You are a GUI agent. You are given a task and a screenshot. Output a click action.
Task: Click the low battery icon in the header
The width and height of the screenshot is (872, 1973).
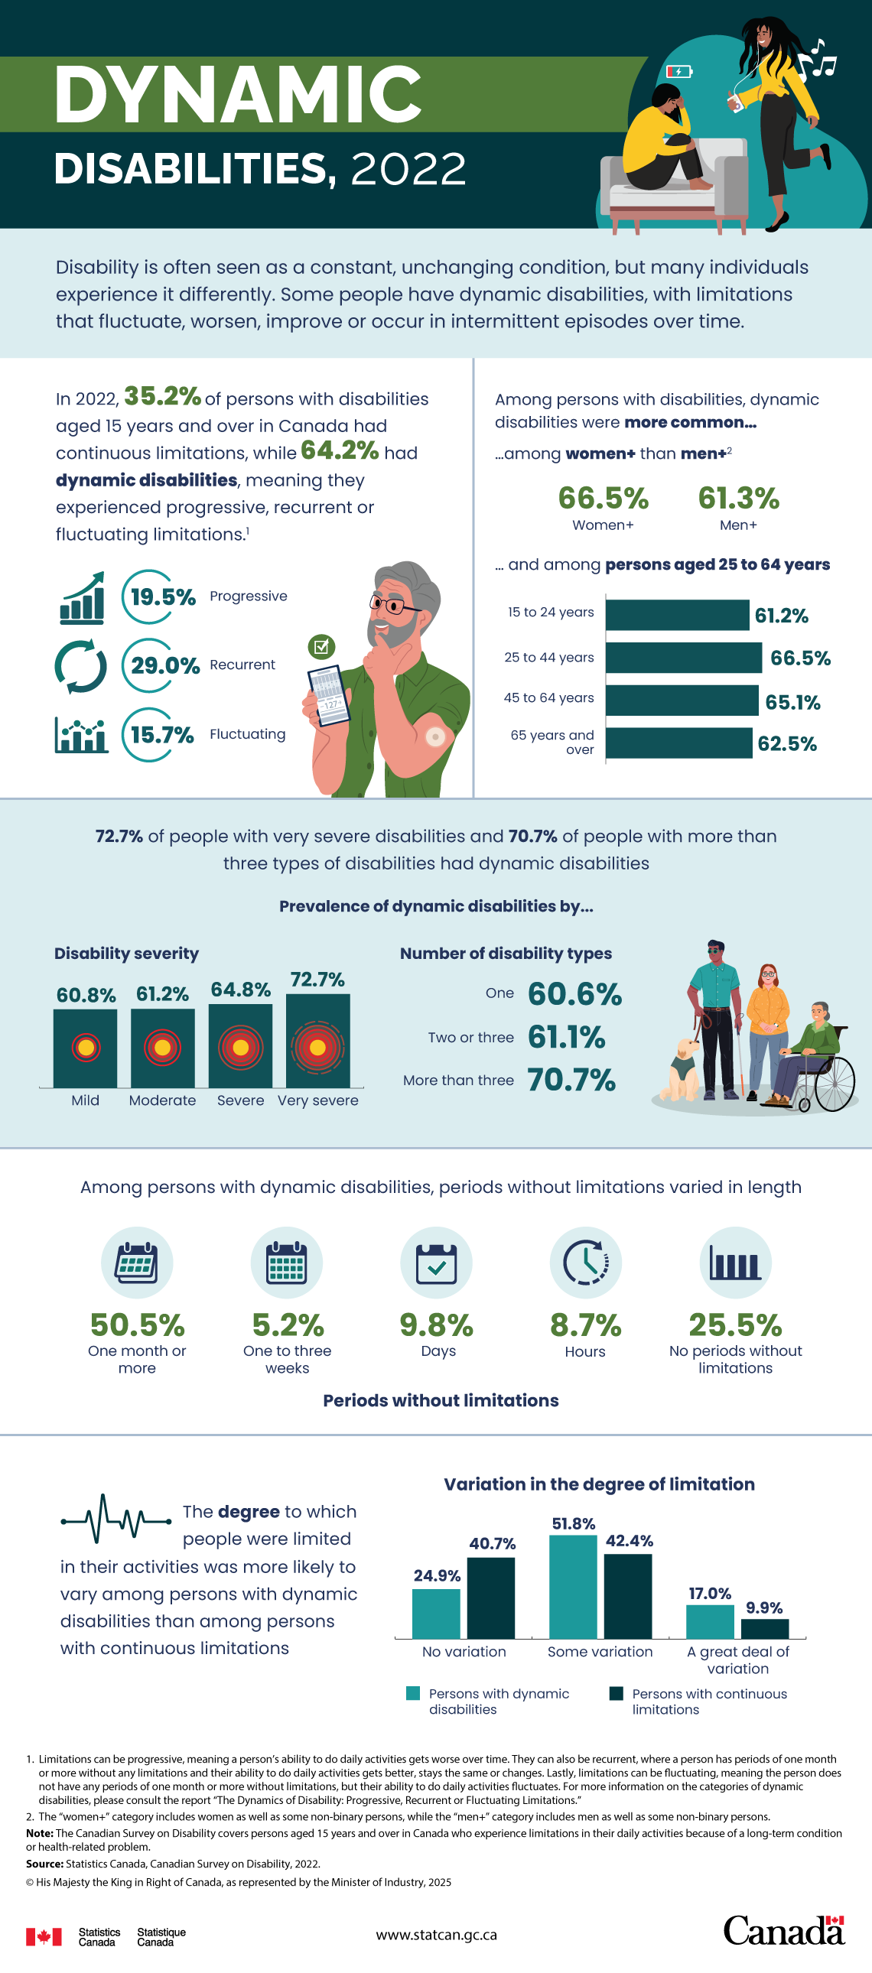point(679,71)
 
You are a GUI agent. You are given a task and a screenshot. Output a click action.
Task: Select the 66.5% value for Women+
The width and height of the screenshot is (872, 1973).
point(603,498)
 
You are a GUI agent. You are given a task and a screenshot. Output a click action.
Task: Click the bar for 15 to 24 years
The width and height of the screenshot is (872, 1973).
point(677,615)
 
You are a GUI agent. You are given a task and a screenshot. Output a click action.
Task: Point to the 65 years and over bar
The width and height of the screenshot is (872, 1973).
point(678,743)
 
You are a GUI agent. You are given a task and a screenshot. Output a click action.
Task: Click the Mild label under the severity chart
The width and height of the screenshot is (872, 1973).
point(85,1100)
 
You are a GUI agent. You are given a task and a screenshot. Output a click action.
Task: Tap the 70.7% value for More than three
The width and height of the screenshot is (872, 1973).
point(571,1080)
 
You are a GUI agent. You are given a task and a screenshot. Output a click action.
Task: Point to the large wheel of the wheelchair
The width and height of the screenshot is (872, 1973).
point(835,1084)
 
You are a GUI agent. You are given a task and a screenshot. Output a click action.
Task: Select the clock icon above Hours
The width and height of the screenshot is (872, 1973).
point(585,1263)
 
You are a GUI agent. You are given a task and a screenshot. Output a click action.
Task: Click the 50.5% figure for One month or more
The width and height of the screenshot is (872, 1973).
point(137,1325)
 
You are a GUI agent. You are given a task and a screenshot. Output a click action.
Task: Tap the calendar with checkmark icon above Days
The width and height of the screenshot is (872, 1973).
point(436,1263)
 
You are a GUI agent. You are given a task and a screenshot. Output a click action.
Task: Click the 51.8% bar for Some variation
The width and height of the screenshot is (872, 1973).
point(572,1586)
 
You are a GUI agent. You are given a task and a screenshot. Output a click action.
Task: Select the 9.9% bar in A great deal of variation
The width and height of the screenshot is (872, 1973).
point(764,1628)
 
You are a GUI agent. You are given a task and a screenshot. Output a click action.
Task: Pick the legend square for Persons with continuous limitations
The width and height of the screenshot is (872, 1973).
point(616,1693)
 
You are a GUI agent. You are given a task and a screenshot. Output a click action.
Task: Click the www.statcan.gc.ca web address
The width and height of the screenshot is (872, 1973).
point(436,1935)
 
